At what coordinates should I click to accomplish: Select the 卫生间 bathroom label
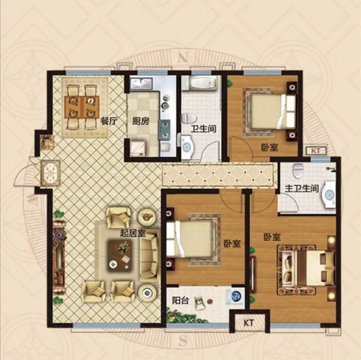(x=203, y=128)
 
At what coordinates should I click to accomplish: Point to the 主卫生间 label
(x=302, y=189)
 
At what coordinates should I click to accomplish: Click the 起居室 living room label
(x=133, y=234)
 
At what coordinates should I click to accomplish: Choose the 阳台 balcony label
(x=180, y=300)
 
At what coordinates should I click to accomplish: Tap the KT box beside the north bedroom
(x=316, y=151)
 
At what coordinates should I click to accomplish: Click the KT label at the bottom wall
(x=248, y=323)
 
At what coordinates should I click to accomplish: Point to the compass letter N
(x=184, y=57)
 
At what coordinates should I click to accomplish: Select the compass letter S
(x=182, y=341)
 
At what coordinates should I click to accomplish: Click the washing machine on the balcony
(x=235, y=295)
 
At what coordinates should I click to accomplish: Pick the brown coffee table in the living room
(x=120, y=255)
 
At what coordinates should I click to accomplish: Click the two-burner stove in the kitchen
(x=164, y=129)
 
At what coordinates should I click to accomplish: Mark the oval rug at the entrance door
(x=51, y=173)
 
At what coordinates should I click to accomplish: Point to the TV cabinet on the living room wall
(x=59, y=257)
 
